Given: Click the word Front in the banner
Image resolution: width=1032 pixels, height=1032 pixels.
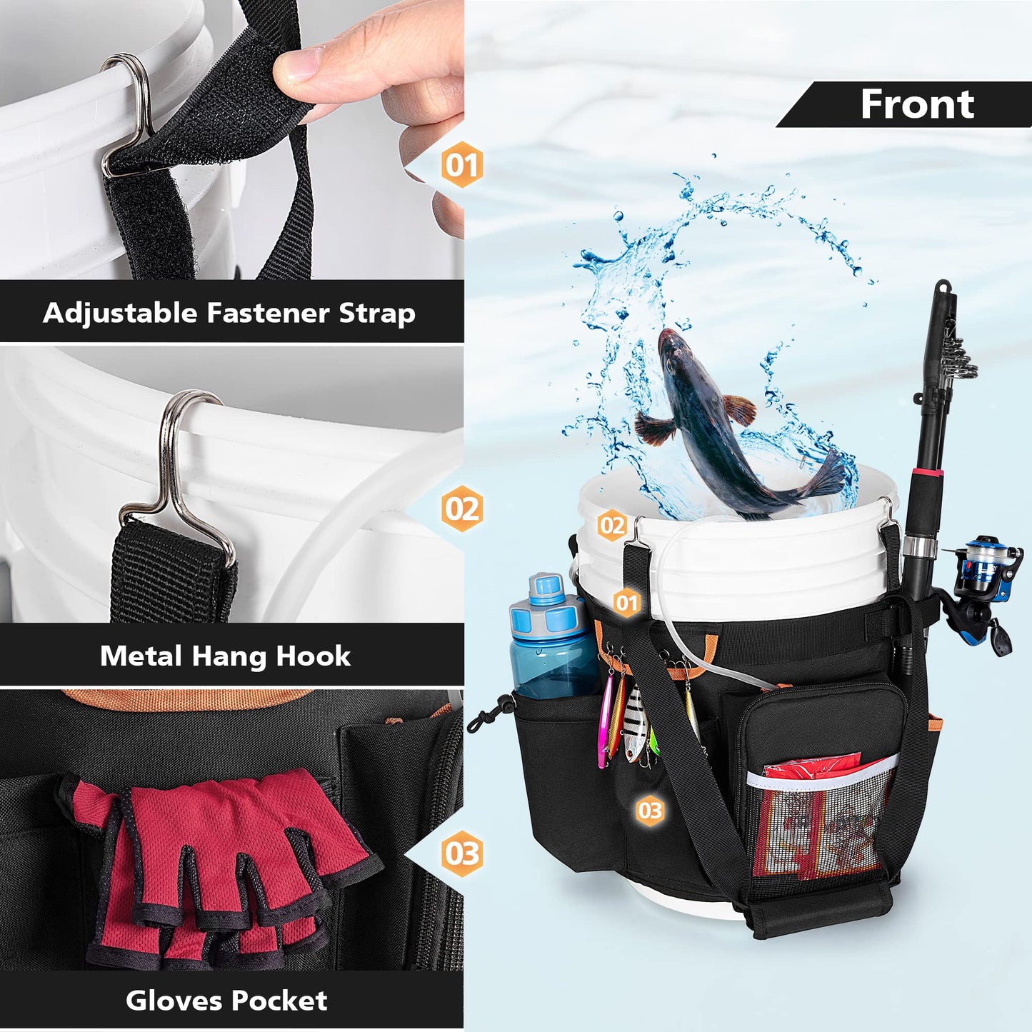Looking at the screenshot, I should pyautogui.click(x=917, y=104).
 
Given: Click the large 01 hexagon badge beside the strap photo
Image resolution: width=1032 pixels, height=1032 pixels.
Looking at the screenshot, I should pyautogui.click(x=461, y=165).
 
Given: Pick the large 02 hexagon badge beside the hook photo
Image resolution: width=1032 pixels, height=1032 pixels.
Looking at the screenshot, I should pyautogui.click(x=461, y=509).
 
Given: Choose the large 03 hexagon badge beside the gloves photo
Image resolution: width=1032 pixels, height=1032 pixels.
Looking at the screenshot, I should pyautogui.click(x=461, y=853).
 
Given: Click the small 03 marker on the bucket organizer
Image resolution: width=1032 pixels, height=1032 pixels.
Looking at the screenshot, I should pyautogui.click(x=650, y=811).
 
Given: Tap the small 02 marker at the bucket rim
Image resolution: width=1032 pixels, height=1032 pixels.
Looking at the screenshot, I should pyautogui.click(x=612, y=526).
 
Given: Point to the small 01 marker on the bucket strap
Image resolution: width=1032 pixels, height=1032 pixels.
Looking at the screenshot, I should pyautogui.click(x=626, y=603).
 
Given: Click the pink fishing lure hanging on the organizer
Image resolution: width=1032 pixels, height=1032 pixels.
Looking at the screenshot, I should pyautogui.click(x=606, y=721).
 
